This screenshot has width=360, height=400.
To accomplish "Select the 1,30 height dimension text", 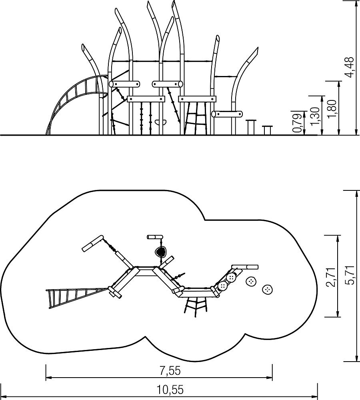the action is tap(315, 116).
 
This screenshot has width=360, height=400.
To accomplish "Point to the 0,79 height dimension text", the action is tap(298, 123).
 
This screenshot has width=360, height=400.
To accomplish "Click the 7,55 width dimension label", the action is tap(170, 371).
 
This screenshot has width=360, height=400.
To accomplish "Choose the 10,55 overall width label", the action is tap(170, 390).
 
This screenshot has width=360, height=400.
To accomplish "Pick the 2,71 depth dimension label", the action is tap(332, 277).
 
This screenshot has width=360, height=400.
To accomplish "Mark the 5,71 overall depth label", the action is tap(349, 275).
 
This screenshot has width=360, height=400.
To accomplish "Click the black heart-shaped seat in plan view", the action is tap(161, 252).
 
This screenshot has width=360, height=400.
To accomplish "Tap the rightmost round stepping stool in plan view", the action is tap(268, 289).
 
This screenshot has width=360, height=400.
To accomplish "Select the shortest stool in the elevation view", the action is tap(267, 130).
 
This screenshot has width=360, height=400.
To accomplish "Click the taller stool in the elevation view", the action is tap(251, 126).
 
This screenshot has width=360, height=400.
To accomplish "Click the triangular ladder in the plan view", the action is tap(76, 297).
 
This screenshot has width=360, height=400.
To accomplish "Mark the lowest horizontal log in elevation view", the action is tap(227, 114).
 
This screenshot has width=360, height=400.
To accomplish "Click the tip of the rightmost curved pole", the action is tap(258, 48).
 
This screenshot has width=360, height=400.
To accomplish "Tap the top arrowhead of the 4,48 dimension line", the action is tap(356, 2).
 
